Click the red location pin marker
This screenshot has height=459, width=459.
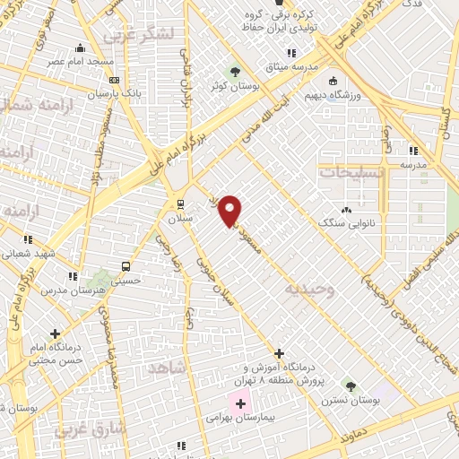click(x=230, y=210)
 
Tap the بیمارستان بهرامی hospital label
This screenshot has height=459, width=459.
click(x=206, y=418)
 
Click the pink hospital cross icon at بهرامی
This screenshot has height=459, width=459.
click(x=239, y=403)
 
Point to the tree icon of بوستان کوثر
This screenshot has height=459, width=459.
click(x=235, y=72)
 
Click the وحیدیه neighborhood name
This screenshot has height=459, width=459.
click(x=309, y=290)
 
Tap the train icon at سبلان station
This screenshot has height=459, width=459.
click(x=180, y=203)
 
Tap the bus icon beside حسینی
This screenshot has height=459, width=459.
click(x=126, y=267)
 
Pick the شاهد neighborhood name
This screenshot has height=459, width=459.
click(x=166, y=368)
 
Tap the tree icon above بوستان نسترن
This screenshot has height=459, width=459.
click(x=351, y=386)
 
